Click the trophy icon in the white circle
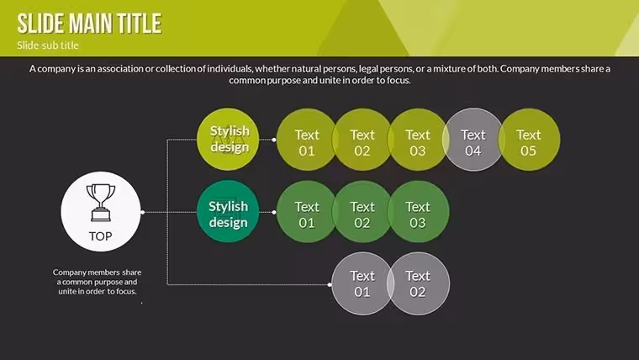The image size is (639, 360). click(100, 203)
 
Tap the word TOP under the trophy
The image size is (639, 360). click(100, 236)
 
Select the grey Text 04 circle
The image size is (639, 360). click(473, 140)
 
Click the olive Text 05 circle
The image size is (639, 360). click(529, 140)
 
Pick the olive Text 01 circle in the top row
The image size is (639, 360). click(307, 140)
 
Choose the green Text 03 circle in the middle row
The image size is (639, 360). click(418, 212)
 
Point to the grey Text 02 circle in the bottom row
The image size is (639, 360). click(418, 283)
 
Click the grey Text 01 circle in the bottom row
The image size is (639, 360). click(362, 283)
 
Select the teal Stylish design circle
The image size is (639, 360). click(228, 212)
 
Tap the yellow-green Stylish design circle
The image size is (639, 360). click(228, 140)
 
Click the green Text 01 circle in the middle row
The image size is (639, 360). click(307, 212)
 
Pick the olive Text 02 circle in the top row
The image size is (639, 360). click(362, 140)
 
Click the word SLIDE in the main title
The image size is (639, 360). click(40, 24)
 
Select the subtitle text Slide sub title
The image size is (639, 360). click(48, 45)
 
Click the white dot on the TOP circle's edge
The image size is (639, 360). click(143, 212)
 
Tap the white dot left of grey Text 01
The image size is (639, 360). click(330, 284)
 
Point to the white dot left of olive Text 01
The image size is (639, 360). click(274, 140)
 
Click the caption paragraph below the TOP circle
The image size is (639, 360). click(97, 282)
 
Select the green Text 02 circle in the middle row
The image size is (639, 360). click(362, 212)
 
